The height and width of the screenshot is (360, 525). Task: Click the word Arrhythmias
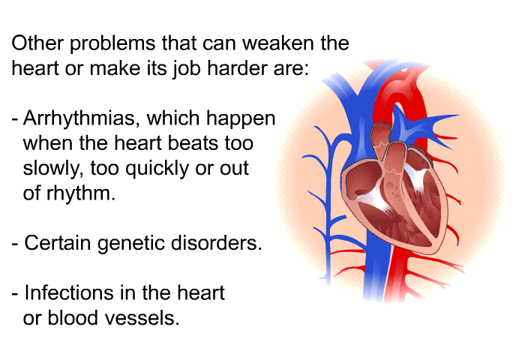coord(79,119)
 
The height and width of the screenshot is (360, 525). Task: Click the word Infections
coord(69,292)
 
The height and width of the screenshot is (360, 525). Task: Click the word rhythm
coord(81,193)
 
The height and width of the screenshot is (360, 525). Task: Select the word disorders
coord(216,243)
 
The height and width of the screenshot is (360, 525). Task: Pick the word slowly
coord(53,169)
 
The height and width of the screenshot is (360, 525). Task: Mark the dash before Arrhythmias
coord(15,119)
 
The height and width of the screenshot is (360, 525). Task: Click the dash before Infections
coord(15,294)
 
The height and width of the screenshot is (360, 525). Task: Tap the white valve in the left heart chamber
coord(416,178)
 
